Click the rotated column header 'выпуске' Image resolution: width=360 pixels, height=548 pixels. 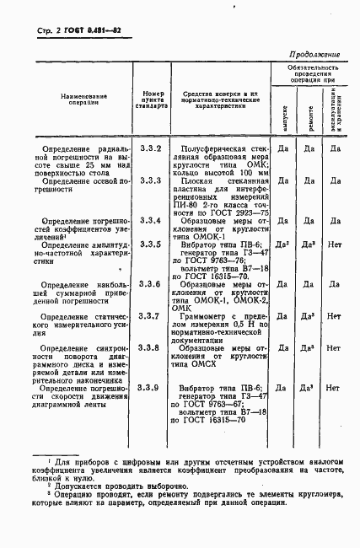285,112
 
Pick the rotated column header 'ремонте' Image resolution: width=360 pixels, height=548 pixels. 309,112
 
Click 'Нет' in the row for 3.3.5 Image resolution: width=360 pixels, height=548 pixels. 334,243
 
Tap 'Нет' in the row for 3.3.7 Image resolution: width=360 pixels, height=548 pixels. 334,316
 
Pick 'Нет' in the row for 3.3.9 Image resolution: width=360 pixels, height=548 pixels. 334,388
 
